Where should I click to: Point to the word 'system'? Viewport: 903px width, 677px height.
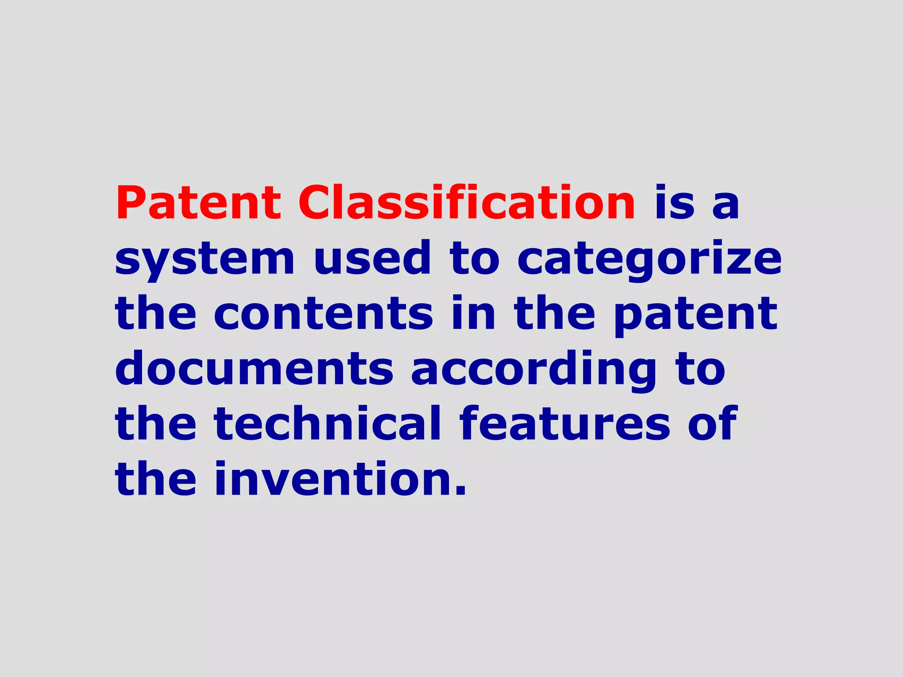205,259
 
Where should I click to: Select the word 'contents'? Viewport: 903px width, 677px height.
324,313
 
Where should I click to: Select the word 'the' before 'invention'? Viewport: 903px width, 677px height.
156,479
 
